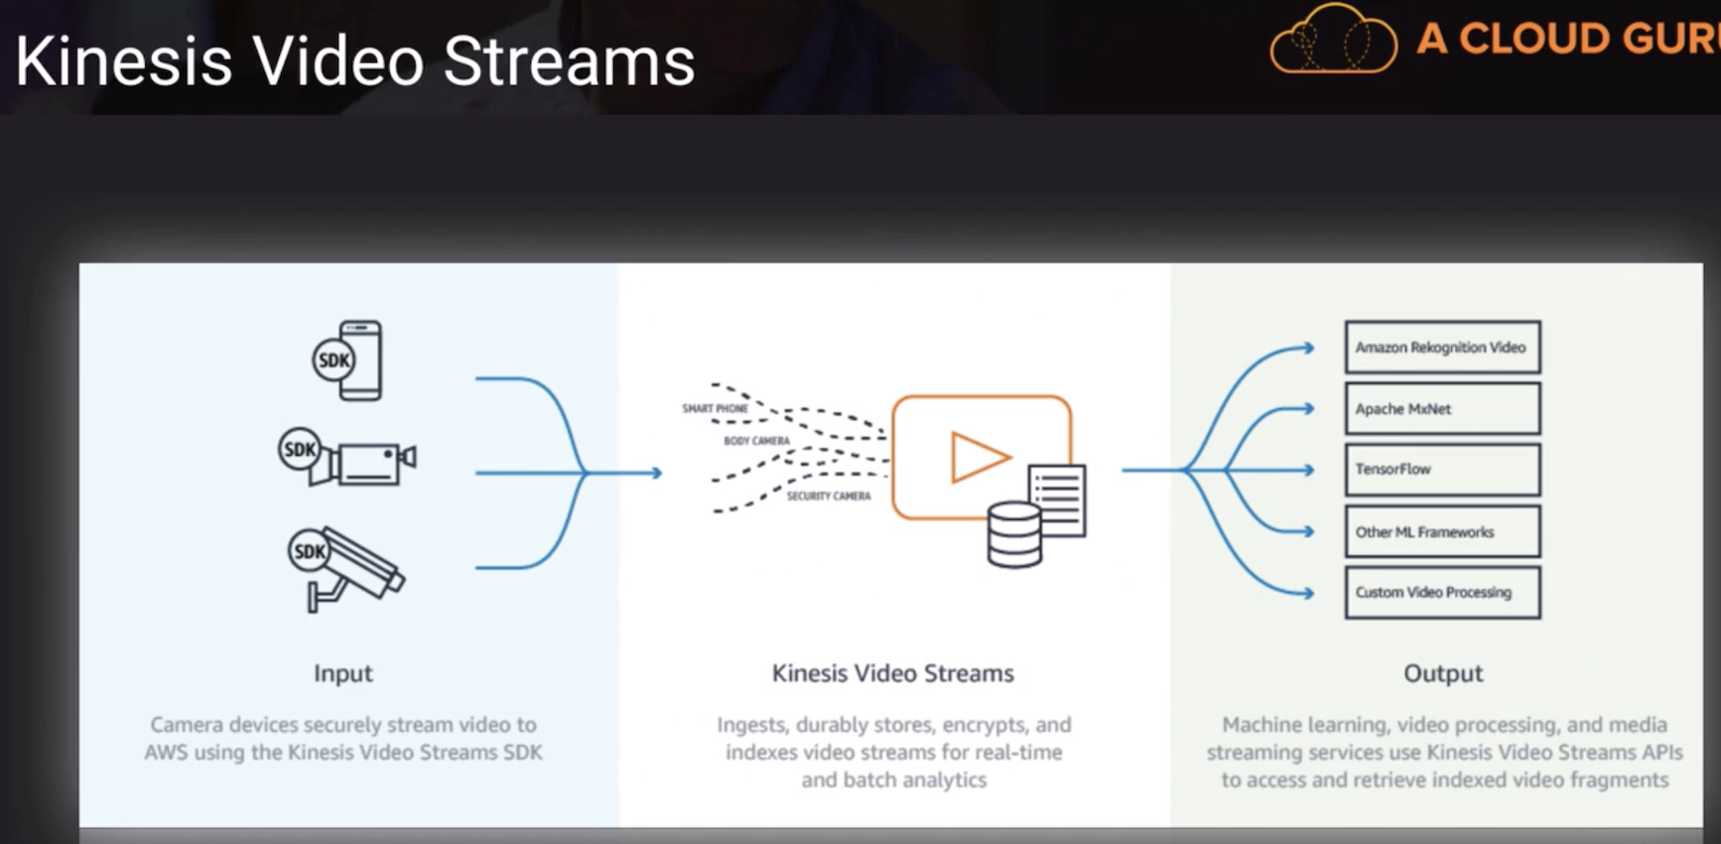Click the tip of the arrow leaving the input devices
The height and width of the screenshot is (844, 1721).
tap(662, 473)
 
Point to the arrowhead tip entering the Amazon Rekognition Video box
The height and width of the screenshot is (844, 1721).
tap(1315, 348)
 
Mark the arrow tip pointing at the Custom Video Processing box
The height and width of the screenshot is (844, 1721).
tap(1315, 594)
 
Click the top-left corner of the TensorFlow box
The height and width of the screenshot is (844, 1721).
tap(1346, 444)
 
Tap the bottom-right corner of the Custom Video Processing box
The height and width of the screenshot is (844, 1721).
tap(1540, 619)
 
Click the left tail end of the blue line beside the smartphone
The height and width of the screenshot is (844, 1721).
tap(476, 378)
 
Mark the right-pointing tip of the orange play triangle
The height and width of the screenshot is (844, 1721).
tap(1011, 457)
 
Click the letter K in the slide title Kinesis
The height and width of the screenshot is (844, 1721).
tap(34, 62)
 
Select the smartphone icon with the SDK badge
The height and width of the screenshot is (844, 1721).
tap(347, 360)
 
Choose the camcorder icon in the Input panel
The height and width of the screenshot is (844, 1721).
tap(347, 458)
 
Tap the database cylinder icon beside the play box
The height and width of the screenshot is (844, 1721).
tap(1014, 534)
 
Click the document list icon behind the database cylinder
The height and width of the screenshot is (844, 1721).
tap(1058, 499)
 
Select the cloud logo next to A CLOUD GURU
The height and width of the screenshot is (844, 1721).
tap(1333, 40)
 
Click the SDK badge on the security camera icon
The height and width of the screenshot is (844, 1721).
tap(309, 551)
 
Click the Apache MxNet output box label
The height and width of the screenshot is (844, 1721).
tap(1403, 409)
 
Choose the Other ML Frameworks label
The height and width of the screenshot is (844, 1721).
tap(1424, 532)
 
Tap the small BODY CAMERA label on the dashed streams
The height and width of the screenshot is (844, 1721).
tap(756, 441)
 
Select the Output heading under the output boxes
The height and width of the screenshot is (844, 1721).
tap(1443, 673)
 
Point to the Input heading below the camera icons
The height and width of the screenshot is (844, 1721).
tap(343, 673)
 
